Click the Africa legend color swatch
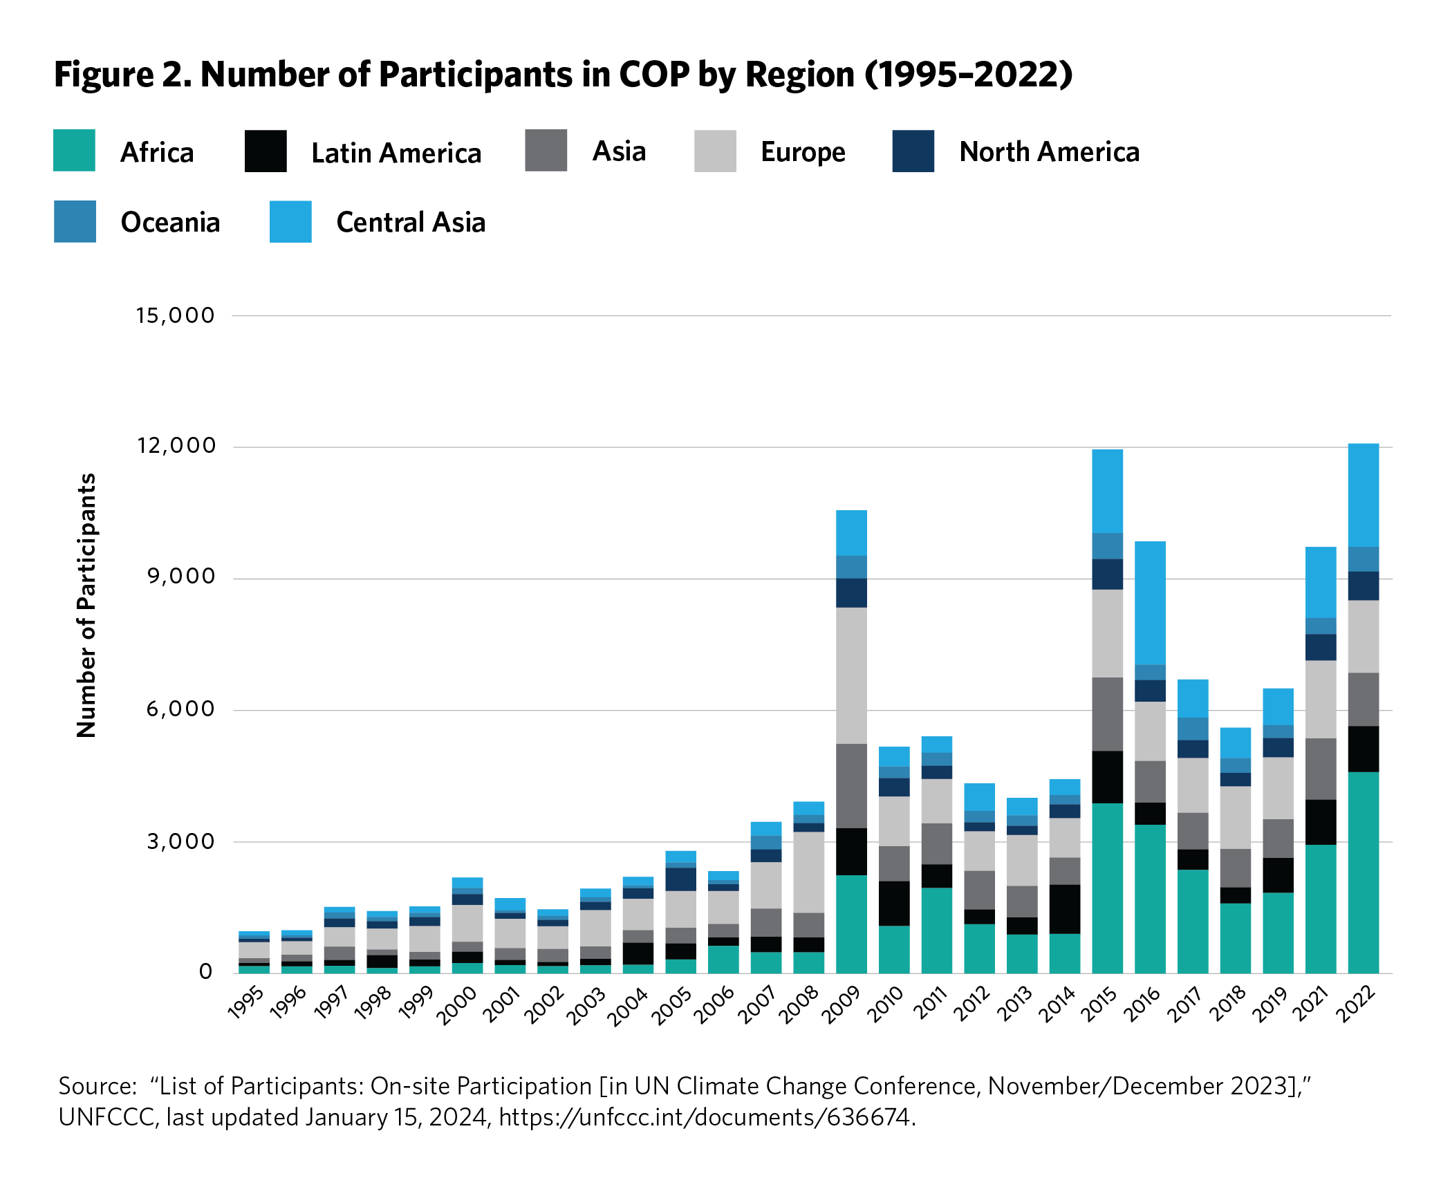[x=74, y=151]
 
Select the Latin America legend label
[x=396, y=153]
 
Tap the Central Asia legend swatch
[x=290, y=222]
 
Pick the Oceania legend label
[x=170, y=222]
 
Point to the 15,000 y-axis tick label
[x=176, y=316]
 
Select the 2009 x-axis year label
[x=841, y=1004]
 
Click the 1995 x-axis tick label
[x=245, y=1004]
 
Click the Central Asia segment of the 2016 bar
[x=1150, y=603]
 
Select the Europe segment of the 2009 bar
[x=851, y=675]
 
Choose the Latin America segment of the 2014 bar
[x=1065, y=909]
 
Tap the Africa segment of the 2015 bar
[x=1107, y=888]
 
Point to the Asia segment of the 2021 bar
[x=1321, y=769]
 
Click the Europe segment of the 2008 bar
[x=808, y=872]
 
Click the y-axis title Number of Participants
[x=86, y=606]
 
